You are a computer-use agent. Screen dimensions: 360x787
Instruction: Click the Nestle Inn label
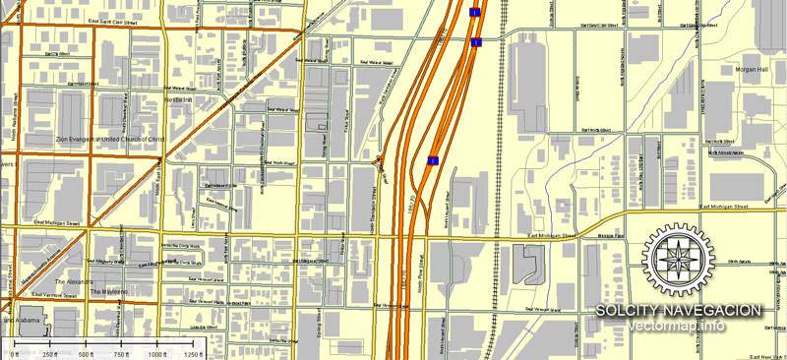coord(178,99)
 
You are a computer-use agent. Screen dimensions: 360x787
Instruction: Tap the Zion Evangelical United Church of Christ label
coord(109,140)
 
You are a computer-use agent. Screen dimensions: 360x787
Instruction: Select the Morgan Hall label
coord(750,70)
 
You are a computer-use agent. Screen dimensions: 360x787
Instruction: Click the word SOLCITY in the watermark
coord(629,311)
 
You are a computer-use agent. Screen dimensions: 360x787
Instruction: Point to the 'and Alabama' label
coord(21,322)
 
